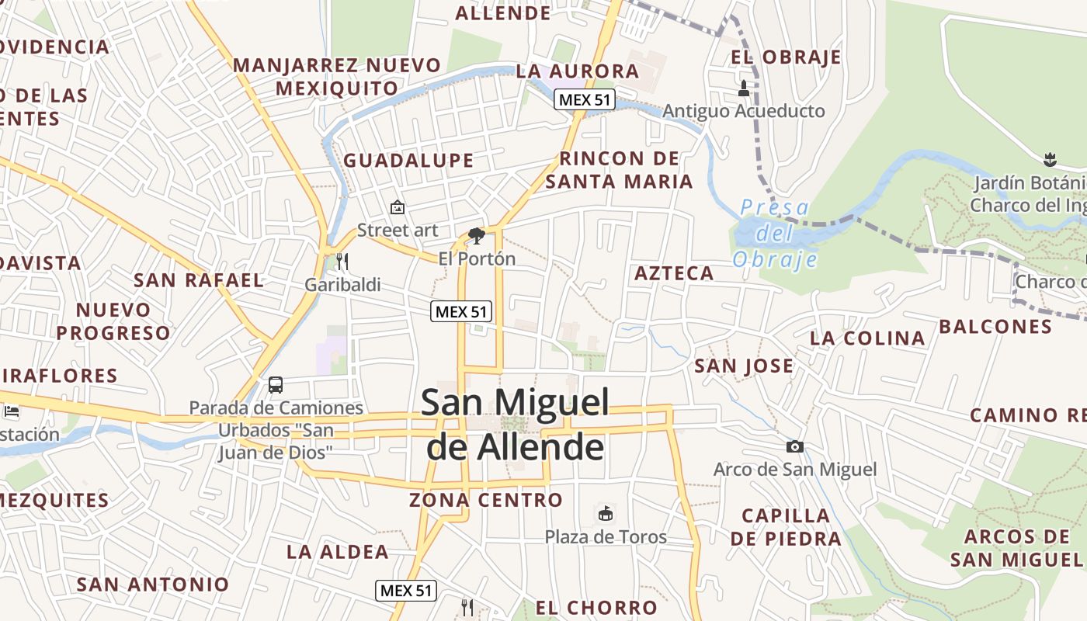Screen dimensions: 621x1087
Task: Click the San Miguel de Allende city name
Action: pos(515,425)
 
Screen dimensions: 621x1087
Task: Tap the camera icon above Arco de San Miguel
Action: pos(794,446)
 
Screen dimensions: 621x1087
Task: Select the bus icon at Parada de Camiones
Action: pos(275,384)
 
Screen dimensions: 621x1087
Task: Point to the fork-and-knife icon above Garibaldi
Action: pos(342,262)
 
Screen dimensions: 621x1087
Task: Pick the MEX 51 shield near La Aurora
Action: pos(585,99)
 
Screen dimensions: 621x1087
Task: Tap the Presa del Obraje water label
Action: pos(775,233)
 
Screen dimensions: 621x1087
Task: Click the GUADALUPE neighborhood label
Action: pos(408,161)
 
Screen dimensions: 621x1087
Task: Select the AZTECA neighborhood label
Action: pos(674,273)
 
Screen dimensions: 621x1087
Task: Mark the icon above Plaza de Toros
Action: pos(605,513)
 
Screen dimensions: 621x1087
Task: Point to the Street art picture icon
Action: pos(398,207)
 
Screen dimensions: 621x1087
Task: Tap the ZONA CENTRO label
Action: pos(486,500)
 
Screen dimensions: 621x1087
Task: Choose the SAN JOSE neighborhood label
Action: pos(744,366)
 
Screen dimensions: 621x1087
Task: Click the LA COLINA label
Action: pos(867,338)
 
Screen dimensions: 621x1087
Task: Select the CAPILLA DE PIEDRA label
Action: pos(786,527)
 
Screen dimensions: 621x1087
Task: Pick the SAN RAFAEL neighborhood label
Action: pos(199,280)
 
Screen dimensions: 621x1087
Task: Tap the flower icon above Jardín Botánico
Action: pos(1050,160)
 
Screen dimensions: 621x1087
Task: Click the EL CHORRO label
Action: pos(596,608)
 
